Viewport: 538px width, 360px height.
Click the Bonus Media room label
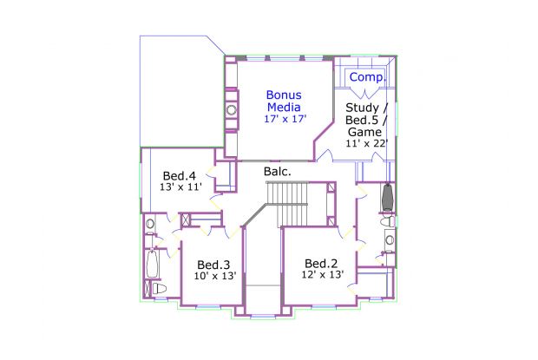(284, 101)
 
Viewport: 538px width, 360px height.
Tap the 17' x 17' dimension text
(285, 119)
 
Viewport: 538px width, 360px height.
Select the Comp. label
(367, 77)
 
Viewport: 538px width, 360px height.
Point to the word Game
(364, 132)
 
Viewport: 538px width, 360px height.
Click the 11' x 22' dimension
(367, 143)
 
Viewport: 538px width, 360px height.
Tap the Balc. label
(277, 172)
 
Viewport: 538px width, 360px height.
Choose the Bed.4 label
(179, 176)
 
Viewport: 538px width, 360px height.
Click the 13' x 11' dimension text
(180, 187)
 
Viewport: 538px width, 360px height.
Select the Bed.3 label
(213, 265)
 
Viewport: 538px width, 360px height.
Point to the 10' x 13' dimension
(215, 276)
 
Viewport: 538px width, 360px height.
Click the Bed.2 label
(321, 264)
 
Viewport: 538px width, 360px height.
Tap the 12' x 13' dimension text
(323, 275)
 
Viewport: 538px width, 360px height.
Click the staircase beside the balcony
(288, 204)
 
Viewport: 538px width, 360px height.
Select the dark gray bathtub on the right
(388, 198)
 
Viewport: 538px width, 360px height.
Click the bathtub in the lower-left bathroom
(152, 264)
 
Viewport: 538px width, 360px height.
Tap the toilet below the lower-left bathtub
(159, 288)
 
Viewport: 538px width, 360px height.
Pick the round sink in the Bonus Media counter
(232, 110)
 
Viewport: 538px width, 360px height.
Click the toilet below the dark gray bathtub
(388, 221)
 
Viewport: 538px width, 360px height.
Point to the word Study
(362, 108)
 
